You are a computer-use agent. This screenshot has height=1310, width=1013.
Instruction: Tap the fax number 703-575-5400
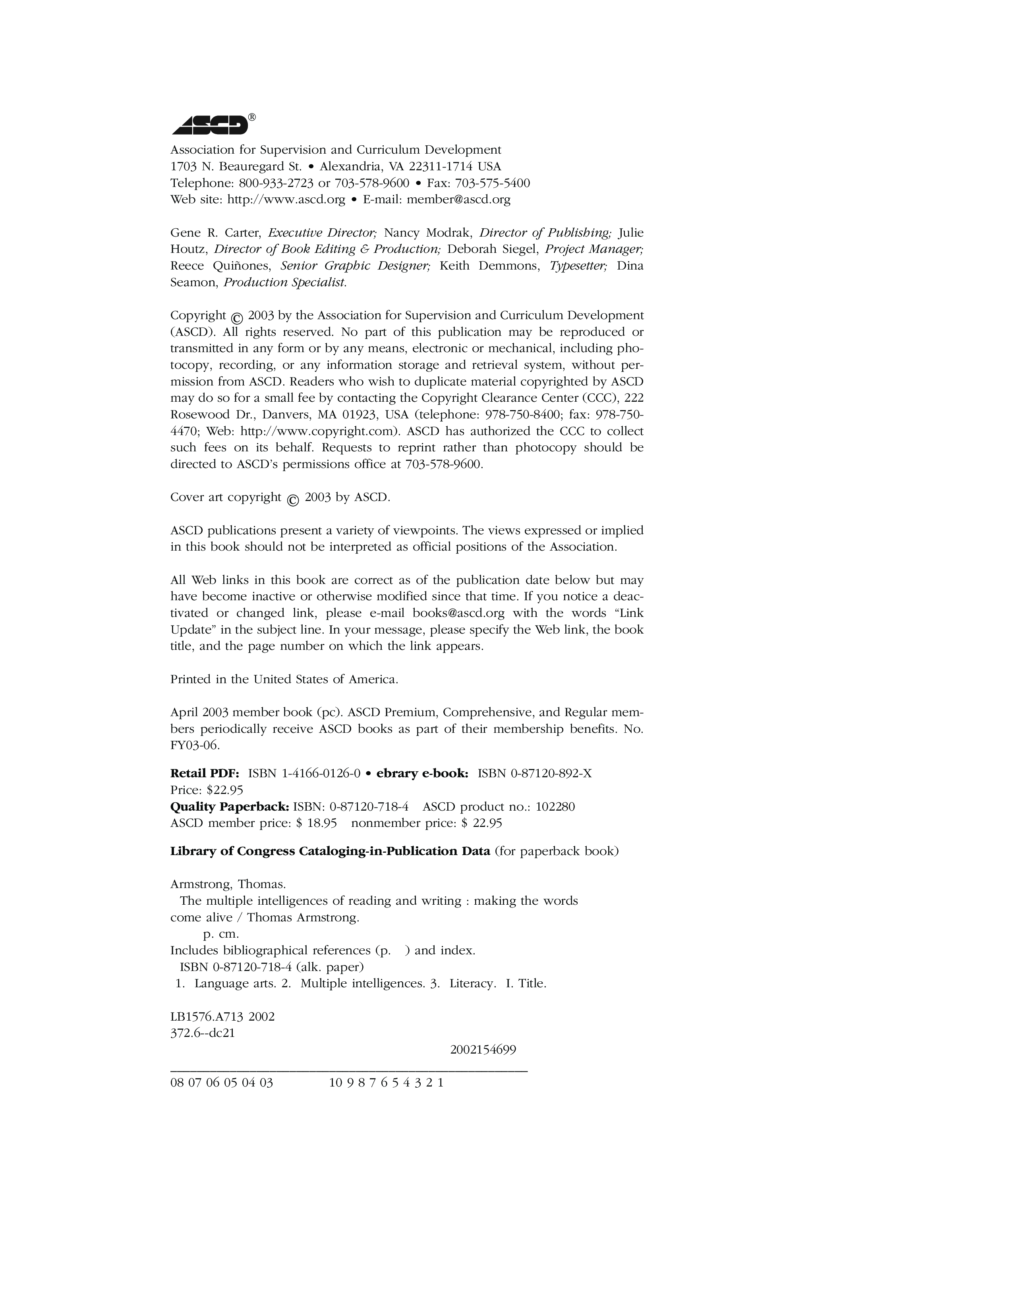click(x=492, y=183)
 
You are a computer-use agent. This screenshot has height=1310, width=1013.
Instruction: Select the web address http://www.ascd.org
click(x=286, y=200)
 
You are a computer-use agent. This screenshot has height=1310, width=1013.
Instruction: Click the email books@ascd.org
click(x=458, y=613)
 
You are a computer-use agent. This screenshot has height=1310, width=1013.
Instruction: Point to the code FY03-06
click(x=195, y=746)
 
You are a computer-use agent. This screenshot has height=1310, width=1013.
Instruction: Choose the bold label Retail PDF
click(x=205, y=773)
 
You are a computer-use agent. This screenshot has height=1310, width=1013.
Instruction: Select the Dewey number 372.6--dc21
click(x=202, y=1033)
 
